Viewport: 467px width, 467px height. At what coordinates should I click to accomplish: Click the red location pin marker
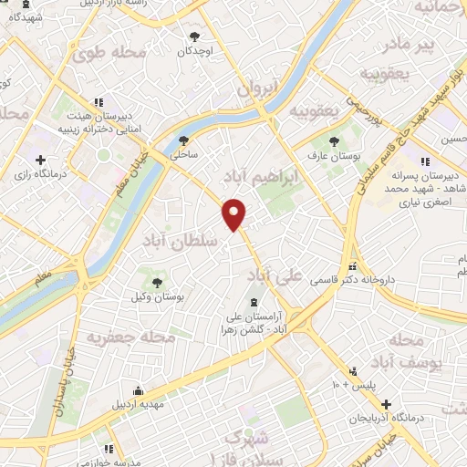click(234, 213)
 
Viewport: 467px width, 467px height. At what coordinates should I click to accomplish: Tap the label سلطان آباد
click(179, 239)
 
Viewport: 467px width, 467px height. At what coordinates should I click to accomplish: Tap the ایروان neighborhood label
click(256, 89)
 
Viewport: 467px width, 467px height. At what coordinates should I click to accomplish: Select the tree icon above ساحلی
click(183, 140)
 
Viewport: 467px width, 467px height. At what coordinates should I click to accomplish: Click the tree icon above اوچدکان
click(194, 37)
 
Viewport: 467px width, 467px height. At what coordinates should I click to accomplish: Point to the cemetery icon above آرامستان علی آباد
click(254, 302)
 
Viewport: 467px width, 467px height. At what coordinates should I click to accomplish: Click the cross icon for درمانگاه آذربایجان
click(387, 403)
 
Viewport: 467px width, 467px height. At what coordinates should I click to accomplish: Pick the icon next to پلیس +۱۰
click(353, 370)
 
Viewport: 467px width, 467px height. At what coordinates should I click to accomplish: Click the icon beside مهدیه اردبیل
click(137, 388)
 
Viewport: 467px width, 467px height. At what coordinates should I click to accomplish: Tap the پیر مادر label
click(429, 43)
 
